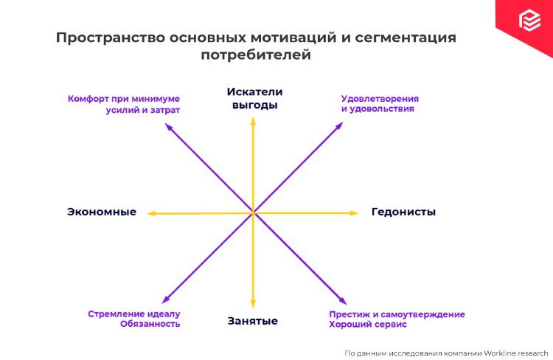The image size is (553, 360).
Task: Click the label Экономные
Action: (x=102, y=212)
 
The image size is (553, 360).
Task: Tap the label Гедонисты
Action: (x=403, y=212)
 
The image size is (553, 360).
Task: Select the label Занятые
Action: (x=252, y=321)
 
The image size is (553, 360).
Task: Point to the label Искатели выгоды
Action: (x=254, y=98)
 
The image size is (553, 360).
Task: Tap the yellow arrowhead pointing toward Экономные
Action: (x=151, y=213)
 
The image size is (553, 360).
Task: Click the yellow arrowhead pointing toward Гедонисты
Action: (x=355, y=212)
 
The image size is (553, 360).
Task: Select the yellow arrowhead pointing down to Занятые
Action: (x=253, y=303)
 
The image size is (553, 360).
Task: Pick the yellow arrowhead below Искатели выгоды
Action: (x=253, y=120)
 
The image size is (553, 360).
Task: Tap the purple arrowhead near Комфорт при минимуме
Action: (x=169, y=127)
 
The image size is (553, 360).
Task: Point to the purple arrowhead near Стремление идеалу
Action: (x=164, y=300)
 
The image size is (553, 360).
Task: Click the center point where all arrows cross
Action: (x=253, y=213)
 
